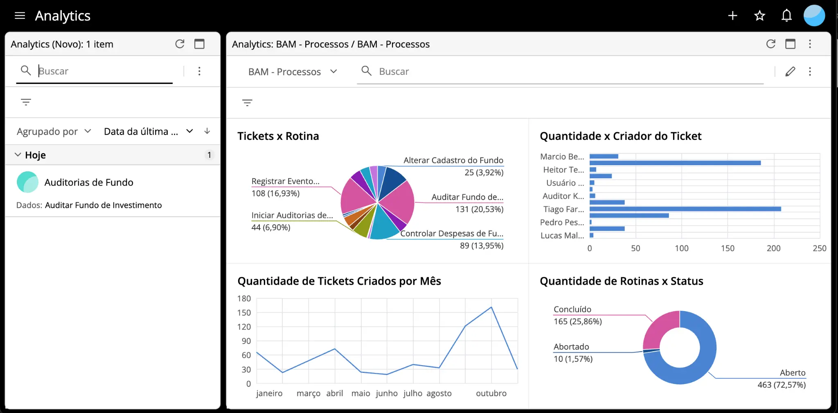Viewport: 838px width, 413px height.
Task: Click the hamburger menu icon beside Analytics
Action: point(20,16)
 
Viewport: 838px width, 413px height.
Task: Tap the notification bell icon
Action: point(786,16)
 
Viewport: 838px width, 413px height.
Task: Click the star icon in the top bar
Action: point(759,16)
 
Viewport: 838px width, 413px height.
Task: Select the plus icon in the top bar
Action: point(732,16)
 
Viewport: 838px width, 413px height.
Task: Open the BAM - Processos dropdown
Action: point(293,72)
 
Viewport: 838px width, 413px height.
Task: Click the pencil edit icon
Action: point(790,72)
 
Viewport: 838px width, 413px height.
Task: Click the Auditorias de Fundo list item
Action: point(89,182)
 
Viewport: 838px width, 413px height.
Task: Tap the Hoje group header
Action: point(36,155)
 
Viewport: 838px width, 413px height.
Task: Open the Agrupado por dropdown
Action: point(54,132)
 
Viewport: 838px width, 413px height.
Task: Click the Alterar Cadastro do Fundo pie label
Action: point(453,160)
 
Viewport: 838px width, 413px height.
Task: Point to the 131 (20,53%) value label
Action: point(479,209)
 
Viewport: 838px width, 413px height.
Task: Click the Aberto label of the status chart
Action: point(792,373)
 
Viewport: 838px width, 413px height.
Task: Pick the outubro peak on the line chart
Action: point(491,307)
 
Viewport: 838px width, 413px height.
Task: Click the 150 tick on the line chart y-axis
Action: point(244,313)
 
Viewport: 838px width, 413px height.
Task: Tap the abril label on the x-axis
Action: point(334,393)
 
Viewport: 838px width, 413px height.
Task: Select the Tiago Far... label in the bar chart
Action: point(563,209)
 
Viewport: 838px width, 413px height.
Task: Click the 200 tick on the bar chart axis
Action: point(773,248)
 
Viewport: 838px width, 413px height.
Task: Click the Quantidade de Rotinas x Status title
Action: point(621,281)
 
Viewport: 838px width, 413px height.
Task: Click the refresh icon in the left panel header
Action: point(180,44)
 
